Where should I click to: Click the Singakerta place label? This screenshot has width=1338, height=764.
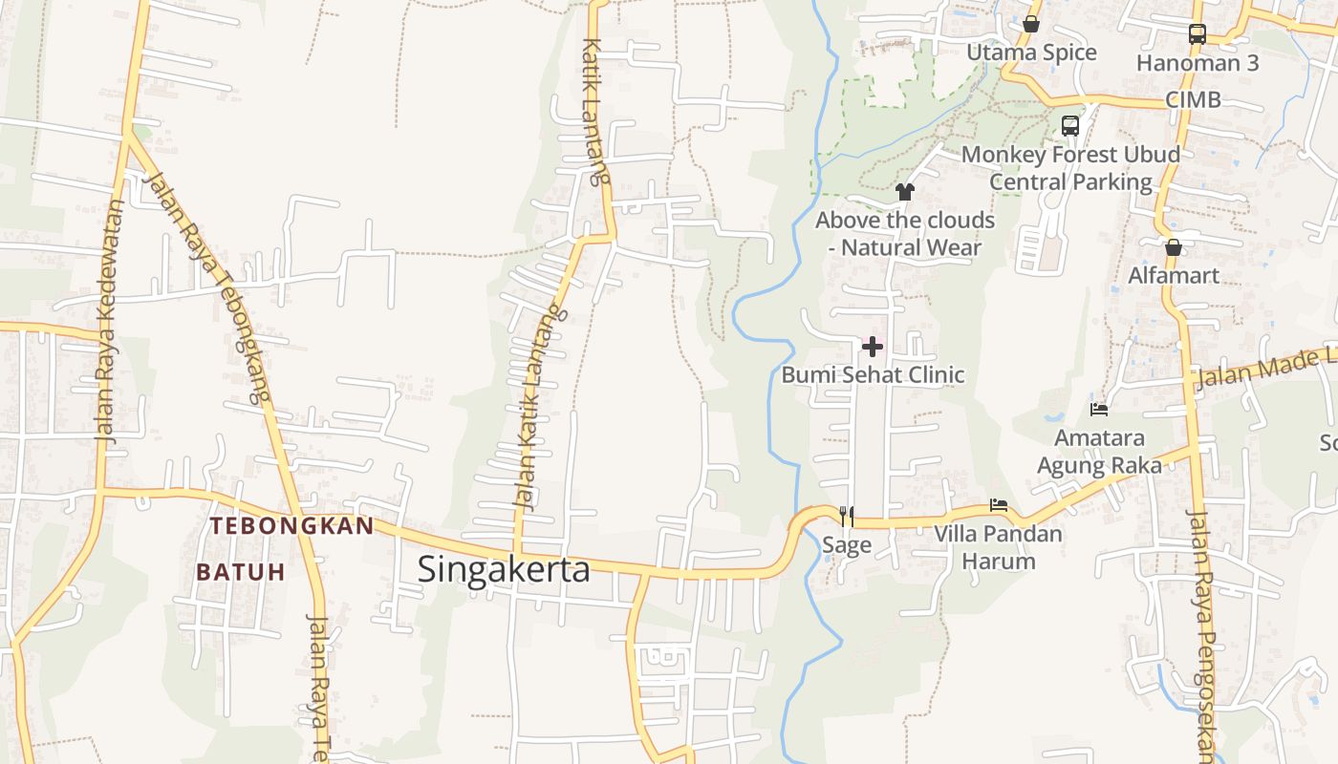pyautogui.click(x=504, y=569)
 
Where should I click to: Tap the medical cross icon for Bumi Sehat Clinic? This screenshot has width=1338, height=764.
pyautogui.click(x=873, y=347)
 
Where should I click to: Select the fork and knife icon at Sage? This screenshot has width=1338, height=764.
pyautogui.click(x=847, y=517)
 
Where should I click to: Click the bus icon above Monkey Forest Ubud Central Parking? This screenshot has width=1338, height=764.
pyautogui.click(x=1070, y=125)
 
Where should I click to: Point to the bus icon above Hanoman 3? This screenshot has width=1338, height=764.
pyautogui.click(x=1198, y=34)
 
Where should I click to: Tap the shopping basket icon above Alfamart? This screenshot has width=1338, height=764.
pyautogui.click(x=1174, y=247)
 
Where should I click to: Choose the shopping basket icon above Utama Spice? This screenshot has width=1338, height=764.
pyautogui.click(x=1031, y=24)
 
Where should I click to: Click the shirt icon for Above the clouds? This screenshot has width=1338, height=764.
pyautogui.click(x=905, y=191)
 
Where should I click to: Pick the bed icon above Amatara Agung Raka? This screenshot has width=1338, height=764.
pyautogui.click(x=1099, y=410)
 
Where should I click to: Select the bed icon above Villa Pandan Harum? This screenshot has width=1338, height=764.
pyautogui.click(x=999, y=504)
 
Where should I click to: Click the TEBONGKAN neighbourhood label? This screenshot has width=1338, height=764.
pyautogui.click(x=292, y=526)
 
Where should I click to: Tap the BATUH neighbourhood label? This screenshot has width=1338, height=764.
pyautogui.click(x=241, y=572)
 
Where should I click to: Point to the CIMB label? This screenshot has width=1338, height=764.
pyautogui.click(x=1193, y=99)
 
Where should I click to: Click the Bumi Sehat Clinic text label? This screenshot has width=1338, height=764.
pyautogui.click(x=873, y=374)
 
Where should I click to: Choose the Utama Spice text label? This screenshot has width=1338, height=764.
pyautogui.click(x=1031, y=52)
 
